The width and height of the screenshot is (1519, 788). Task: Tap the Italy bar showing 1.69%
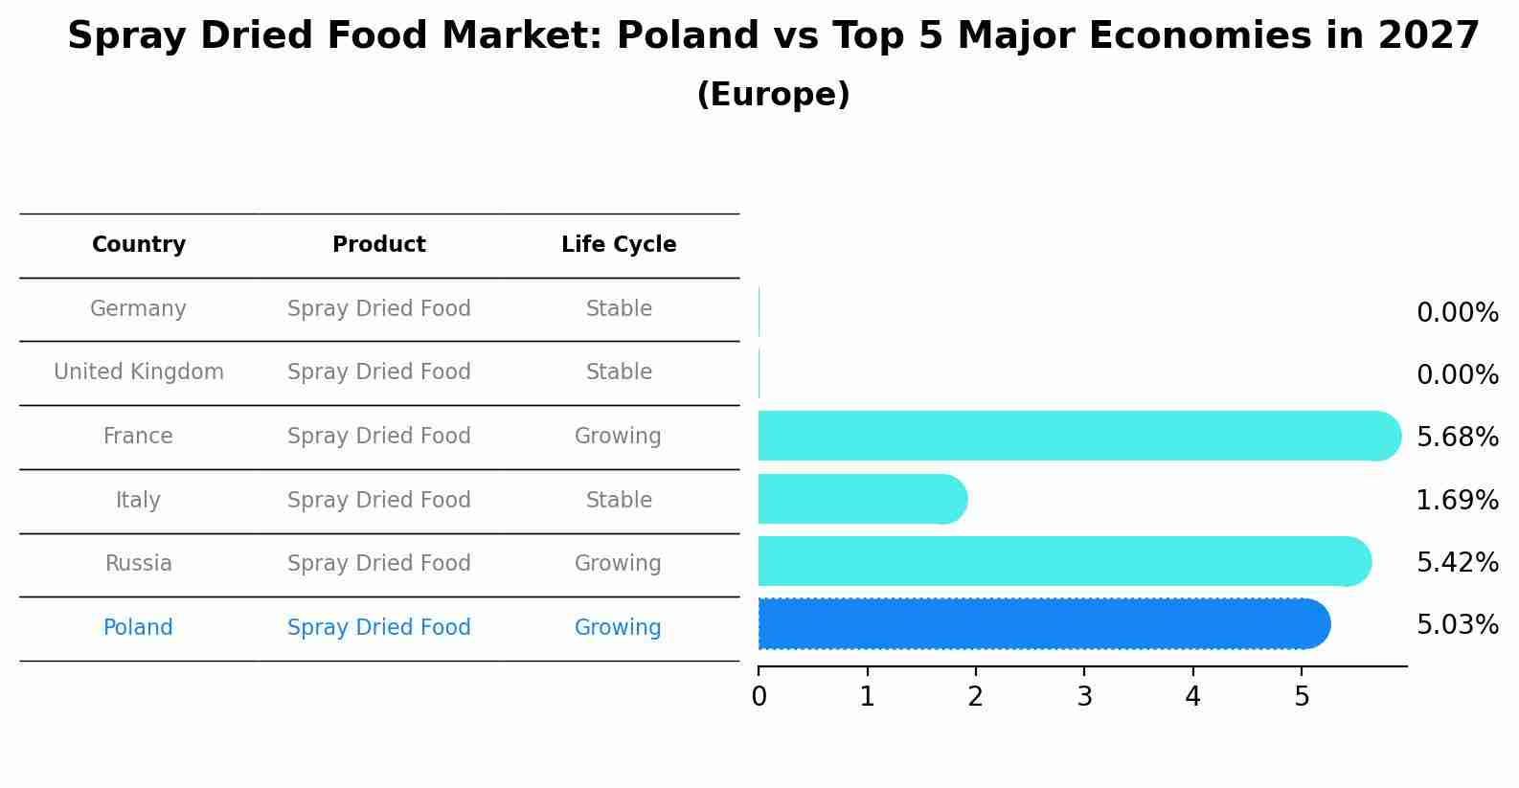(862, 499)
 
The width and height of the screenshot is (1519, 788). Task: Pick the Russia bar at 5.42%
(1063, 561)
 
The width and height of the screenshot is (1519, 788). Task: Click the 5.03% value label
(1457, 625)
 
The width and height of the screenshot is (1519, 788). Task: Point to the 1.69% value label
(1457, 500)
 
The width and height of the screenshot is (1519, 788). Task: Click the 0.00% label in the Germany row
(1457, 313)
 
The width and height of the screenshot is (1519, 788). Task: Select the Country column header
(139, 245)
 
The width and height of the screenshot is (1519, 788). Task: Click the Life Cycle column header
(619, 245)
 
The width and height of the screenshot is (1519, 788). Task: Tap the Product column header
(379, 245)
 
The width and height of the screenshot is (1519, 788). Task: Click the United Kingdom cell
(139, 372)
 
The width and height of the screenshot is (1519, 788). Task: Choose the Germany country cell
(138, 309)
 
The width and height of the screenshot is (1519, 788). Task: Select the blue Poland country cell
(138, 628)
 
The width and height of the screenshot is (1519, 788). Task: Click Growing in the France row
(618, 437)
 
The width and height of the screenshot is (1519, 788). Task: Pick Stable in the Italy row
(619, 500)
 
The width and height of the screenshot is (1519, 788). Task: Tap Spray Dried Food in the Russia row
(379, 564)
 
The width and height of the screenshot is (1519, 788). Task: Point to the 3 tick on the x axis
(1084, 697)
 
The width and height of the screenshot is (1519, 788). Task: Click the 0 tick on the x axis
(759, 697)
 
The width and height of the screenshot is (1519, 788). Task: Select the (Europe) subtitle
(773, 95)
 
